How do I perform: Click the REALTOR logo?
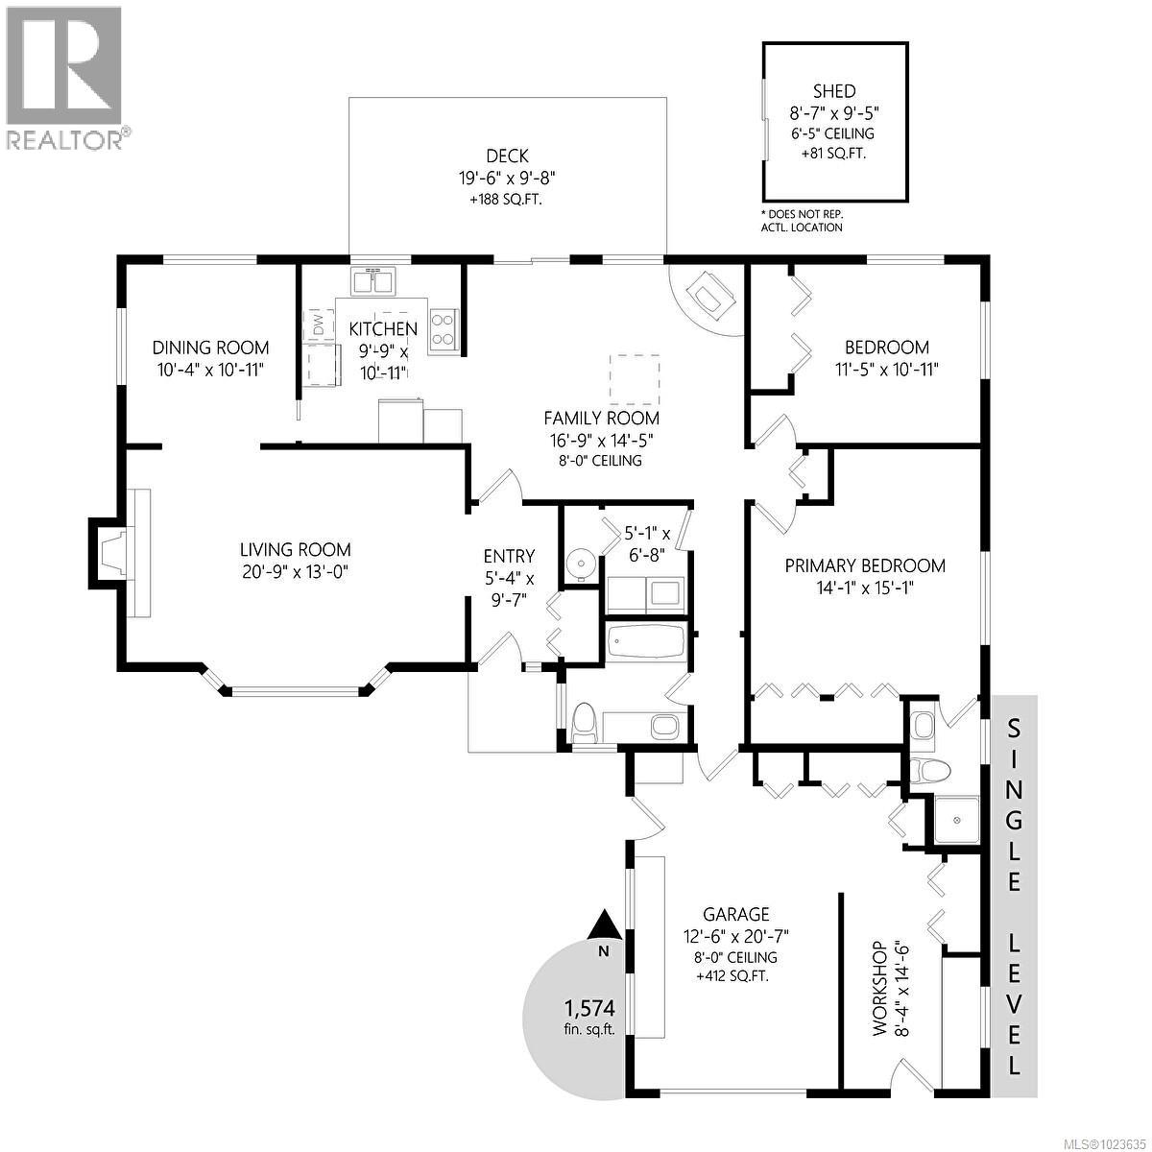click(x=64, y=77)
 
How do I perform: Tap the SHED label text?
click(x=833, y=91)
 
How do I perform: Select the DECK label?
click(x=507, y=156)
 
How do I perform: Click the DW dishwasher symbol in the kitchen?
click(x=318, y=325)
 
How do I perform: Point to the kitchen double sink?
click(x=373, y=282)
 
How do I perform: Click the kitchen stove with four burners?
click(x=444, y=329)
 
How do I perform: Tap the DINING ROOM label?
click(x=211, y=348)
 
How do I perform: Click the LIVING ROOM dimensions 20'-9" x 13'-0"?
click(x=295, y=572)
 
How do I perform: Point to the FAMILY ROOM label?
click(x=601, y=418)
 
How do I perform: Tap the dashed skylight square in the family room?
click(x=636, y=378)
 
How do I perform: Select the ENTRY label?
click(x=509, y=556)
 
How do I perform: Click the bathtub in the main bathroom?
click(x=646, y=641)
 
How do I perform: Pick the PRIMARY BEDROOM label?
click(x=864, y=565)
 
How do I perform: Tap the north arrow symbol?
click(x=604, y=926)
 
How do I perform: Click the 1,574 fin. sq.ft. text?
click(x=588, y=1017)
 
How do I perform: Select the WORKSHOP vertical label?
click(x=876, y=989)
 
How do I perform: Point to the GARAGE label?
click(x=735, y=914)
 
